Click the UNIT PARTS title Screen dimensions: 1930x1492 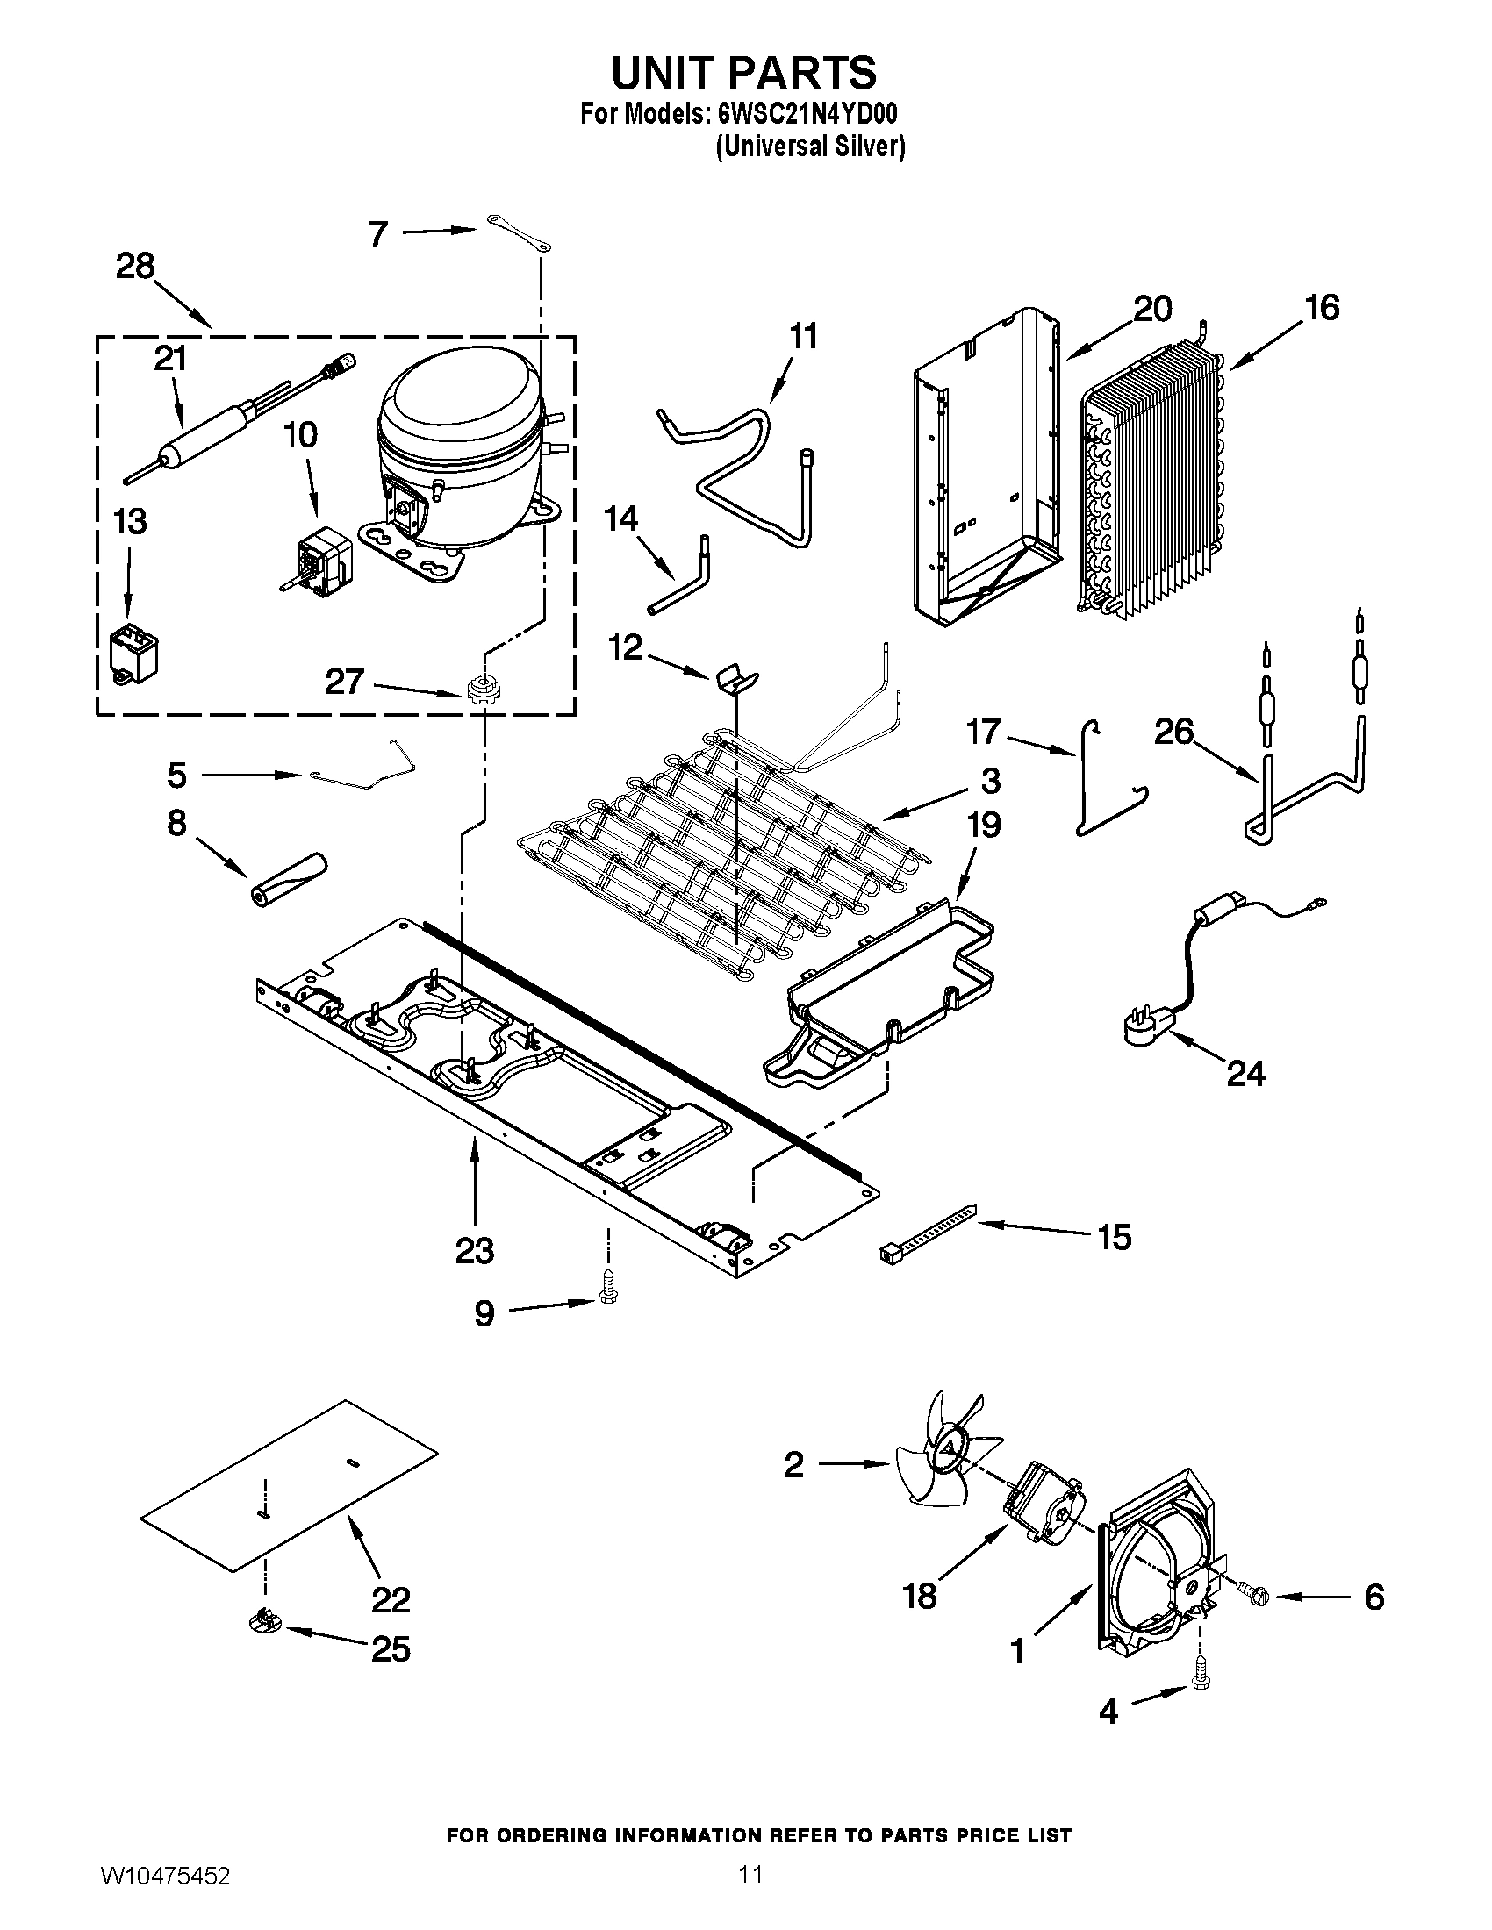pyautogui.click(x=743, y=73)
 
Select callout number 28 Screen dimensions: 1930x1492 pyautogui.click(x=135, y=266)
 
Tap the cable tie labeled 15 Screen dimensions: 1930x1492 pyautogui.click(x=928, y=1229)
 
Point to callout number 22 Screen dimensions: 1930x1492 pyautogui.click(x=391, y=1599)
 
